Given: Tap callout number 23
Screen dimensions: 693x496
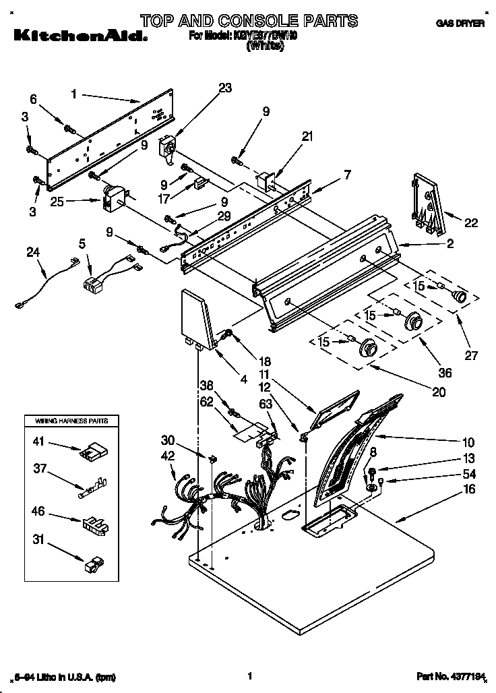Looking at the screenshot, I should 225,87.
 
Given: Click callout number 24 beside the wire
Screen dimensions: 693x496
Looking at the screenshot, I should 33,254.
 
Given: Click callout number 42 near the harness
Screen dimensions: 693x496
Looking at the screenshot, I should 168,456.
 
